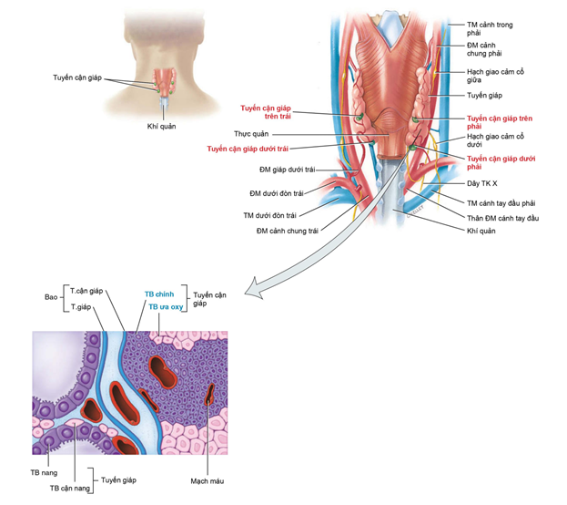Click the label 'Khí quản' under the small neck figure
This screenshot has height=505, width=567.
[161, 127]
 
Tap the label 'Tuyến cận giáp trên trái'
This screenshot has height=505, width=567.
[266, 112]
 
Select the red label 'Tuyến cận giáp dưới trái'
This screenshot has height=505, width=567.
[248, 149]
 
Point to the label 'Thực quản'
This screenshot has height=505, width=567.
[251, 134]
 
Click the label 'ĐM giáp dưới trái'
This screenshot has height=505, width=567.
[287, 170]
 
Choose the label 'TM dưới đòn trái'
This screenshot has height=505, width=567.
[269, 215]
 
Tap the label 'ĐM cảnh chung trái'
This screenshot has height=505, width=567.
[288, 231]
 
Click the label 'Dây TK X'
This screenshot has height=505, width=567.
[481, 183]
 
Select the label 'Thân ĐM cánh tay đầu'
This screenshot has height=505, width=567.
[502, 218]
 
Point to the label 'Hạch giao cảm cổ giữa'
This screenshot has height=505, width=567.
[495, 76]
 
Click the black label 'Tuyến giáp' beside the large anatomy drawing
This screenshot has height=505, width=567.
[484, 96]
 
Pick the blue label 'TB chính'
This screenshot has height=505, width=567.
[159, 294]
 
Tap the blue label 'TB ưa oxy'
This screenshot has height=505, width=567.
[166, 307]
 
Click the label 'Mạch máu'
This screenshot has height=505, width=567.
[208, 481]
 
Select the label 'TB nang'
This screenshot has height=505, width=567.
[44, 473]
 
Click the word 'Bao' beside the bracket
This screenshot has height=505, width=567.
[51, 297]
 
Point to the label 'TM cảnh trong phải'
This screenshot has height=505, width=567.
[490, 28]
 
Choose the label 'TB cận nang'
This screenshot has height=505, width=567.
[70, 488]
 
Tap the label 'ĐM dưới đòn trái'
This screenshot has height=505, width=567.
[277, 193]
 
